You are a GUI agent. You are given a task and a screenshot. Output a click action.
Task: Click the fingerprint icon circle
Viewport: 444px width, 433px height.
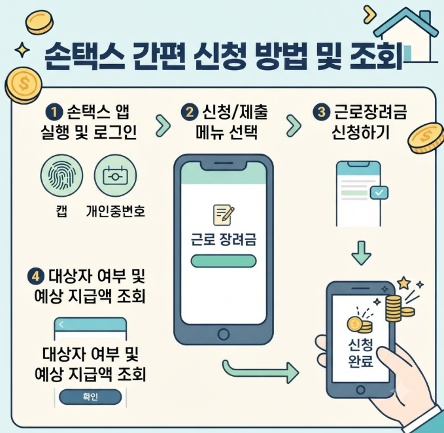61,175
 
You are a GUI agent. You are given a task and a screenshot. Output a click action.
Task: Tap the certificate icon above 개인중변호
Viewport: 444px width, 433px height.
115,175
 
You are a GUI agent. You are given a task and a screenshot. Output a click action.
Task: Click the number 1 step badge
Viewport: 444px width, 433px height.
54,112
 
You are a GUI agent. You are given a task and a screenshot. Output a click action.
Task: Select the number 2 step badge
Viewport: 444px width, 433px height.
190,112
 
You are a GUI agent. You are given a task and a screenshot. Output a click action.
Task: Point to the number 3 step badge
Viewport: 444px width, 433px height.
321,112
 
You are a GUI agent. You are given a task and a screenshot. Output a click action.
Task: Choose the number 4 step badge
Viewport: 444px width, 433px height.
36,276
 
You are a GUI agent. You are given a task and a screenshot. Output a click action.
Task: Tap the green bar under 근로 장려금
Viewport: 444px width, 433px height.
224,261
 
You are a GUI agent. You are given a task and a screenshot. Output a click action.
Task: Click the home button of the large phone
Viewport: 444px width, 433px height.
224,334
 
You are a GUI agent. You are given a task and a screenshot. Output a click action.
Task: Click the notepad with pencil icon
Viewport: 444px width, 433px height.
224,215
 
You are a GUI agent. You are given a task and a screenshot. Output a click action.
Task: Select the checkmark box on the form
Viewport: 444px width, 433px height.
379,192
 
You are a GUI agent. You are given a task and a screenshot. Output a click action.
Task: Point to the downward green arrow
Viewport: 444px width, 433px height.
362,253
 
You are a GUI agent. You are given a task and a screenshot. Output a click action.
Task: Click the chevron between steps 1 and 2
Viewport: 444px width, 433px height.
163,126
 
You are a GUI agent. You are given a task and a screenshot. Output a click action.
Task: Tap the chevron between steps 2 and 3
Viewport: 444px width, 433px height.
294,126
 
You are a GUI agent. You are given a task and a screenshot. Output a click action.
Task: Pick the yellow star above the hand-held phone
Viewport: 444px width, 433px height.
404,283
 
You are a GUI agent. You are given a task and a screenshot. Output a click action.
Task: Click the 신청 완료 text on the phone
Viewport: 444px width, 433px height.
360,353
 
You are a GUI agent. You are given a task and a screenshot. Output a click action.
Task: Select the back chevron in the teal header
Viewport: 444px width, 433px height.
61,324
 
